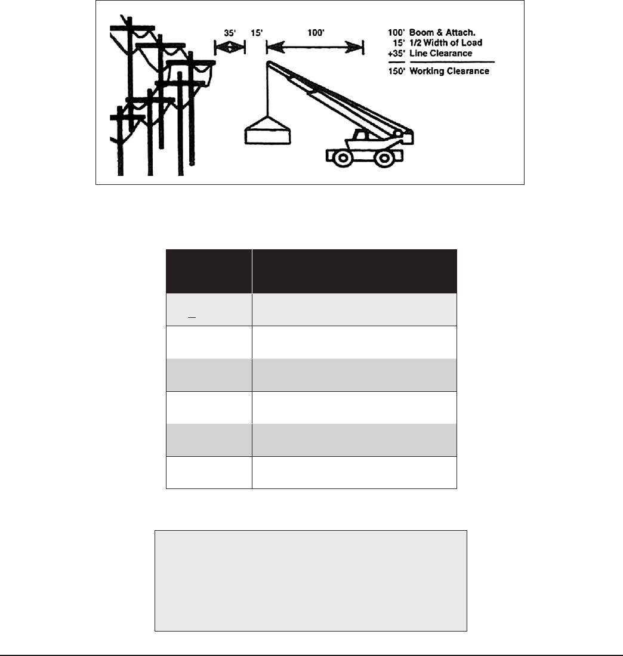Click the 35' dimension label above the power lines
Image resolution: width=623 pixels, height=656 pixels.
coord(230,34)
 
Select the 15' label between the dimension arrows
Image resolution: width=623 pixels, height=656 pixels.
coord(256,34)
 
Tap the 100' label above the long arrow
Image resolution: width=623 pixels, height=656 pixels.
coord(316,34)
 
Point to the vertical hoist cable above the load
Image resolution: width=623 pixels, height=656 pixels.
coord(267,89)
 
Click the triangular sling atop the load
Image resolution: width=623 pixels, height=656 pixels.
coord(267,122)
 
